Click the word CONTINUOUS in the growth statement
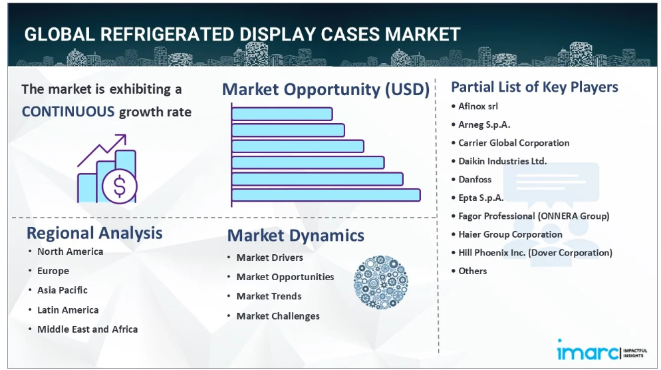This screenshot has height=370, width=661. point(68,112)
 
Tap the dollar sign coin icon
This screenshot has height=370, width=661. point(120,186)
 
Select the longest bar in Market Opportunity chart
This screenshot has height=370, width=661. point(326,195)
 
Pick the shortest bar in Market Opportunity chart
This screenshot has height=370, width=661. point(281,114)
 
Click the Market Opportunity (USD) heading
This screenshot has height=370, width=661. point(326,89)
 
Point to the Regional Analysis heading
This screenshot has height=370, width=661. point(94,234)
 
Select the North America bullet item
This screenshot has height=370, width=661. point(70,252)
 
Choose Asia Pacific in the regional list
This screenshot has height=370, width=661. point(63,290)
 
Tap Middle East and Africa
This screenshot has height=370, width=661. point(87,329)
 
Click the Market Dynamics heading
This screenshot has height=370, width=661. point(295,236)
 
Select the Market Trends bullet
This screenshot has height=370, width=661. point(269,296)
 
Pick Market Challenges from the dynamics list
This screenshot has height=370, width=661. point(278,316)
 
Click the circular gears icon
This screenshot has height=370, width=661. point(380,282)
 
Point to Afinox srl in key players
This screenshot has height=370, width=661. point(478,106)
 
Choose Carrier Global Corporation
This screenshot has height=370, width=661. point(514,143)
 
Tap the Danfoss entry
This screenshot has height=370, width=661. point(475,179)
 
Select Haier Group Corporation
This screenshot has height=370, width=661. point(510,234)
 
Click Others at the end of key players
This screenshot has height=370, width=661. point(473,271)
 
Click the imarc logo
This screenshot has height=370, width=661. point(602,350)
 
